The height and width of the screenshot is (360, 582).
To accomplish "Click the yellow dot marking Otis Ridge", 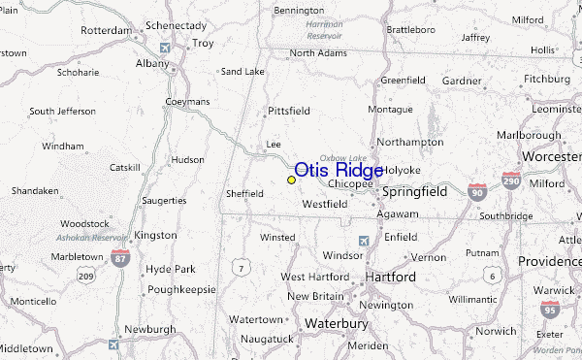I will point(291,180).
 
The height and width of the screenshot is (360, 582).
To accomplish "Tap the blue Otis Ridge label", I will point(339,171).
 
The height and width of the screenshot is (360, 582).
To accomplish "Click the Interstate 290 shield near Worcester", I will point(511,180).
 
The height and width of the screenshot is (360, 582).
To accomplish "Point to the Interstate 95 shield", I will point(550,310).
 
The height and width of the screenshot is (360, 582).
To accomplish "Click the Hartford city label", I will point(390,278).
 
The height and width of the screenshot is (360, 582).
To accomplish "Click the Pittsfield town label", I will point(289,111).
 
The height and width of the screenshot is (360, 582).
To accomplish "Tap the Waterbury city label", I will point(339,323).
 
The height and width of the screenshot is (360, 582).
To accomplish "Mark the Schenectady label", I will point(177,24).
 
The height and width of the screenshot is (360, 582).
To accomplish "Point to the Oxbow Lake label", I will point(344,158).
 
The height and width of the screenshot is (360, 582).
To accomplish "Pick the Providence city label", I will point(549,262).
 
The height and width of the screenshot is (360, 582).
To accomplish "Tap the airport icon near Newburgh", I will point(115,342).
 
